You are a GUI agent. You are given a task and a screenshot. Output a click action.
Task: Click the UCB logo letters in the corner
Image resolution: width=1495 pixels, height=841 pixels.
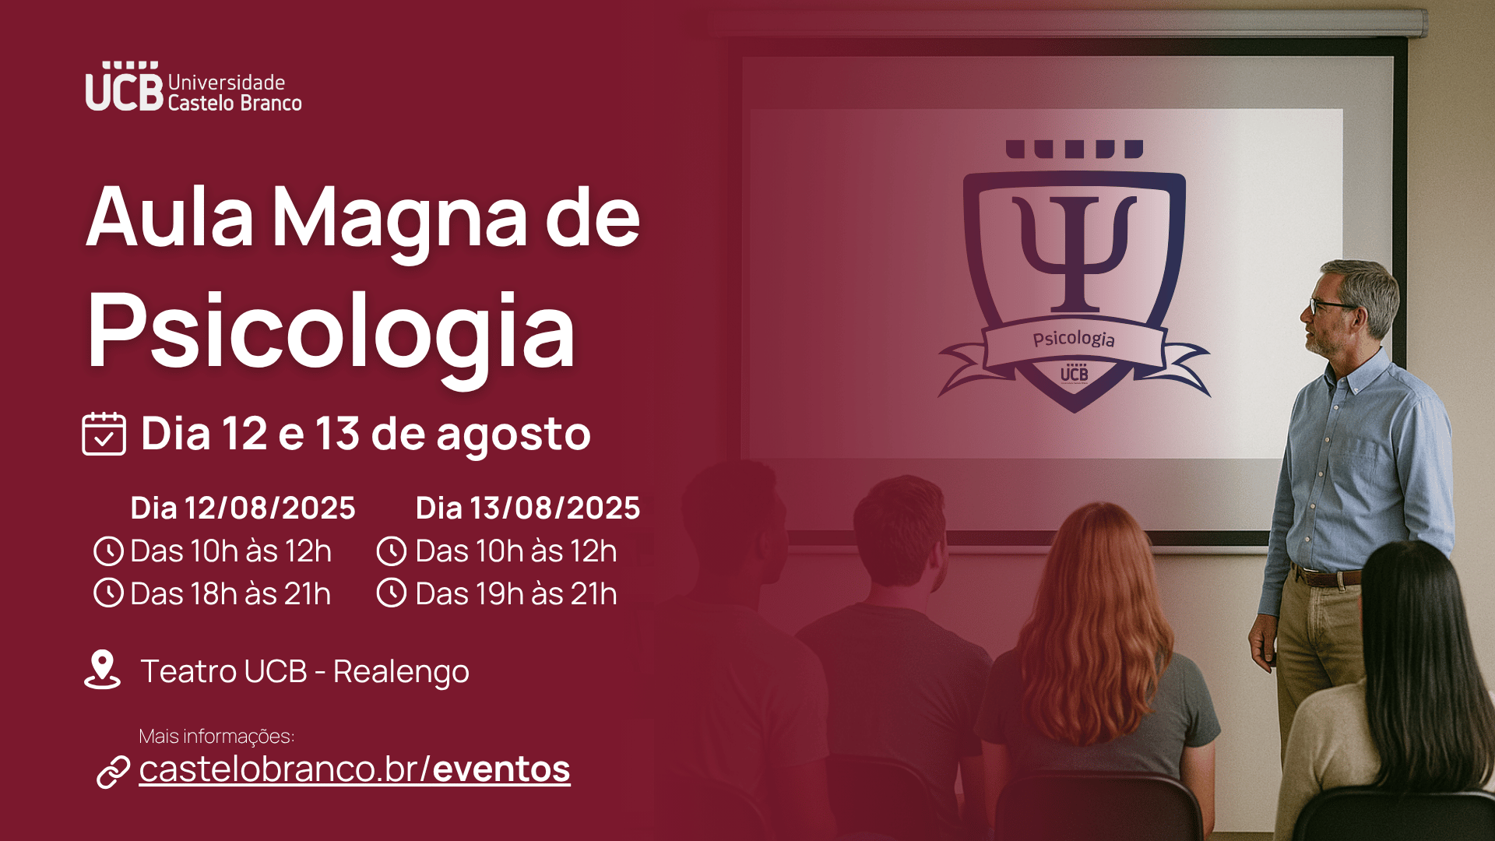click(x=125, y=86)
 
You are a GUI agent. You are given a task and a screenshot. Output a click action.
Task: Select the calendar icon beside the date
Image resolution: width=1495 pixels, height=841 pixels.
click(x=104, y=434)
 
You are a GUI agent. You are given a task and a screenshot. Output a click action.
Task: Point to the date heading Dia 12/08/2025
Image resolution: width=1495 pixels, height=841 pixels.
click(x=243, y=508)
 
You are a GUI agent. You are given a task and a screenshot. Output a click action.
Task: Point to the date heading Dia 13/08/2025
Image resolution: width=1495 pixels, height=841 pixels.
click(x=528, y=508)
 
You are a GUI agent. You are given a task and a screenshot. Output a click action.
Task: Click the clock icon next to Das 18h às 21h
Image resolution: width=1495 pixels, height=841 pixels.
click(x=108, y=593)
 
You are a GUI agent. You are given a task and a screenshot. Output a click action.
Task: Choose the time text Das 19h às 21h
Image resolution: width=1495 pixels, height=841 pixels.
click(x=516, y=593)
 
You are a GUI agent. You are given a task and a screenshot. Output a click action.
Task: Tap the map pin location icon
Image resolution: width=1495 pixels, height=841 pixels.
click(x=102, y=670)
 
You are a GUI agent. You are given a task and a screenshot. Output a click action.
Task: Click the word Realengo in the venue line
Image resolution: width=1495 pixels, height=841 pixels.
click(x=401, y=672)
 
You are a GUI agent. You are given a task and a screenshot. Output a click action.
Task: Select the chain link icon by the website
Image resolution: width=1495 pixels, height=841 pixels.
click(x=113, y=772)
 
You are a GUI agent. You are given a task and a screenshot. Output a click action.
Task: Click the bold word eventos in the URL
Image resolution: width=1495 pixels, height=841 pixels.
click(x=501, y=769)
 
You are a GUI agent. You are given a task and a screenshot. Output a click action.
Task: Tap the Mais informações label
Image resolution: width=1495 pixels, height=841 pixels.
click(x=216, y=737)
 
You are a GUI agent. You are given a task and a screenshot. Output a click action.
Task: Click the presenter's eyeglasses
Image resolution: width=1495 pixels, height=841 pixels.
click(x=1328, y=305)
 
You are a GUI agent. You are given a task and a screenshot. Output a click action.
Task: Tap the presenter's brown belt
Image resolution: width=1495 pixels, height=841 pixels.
click(x=1327, y=577)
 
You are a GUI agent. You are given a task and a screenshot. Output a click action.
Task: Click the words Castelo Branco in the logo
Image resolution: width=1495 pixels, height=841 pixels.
click(x=234, y=104)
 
